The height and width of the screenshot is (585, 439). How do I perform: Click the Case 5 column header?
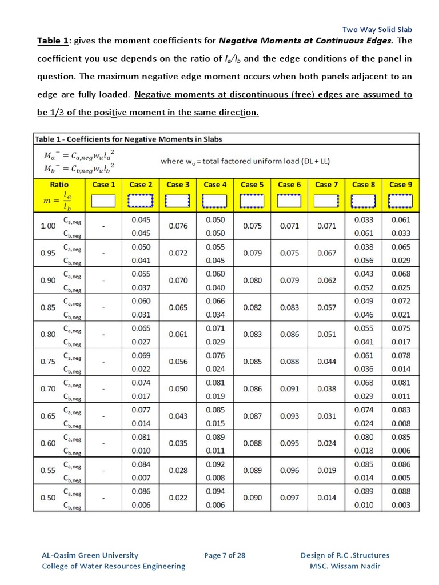(x=252, y=185)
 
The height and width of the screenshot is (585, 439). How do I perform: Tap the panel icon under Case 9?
(x=400, y=201)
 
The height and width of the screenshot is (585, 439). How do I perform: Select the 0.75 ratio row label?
(x=48, y=362)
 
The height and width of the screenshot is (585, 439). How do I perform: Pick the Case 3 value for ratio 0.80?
(x=178, y=335)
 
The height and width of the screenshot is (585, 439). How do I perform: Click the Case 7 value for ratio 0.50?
(x=326, y=498)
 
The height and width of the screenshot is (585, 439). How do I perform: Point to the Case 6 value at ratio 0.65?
(x=289, y=416)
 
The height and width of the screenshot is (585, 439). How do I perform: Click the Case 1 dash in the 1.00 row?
(x=103, y=226)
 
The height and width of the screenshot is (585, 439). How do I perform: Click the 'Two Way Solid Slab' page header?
(x=377, y=29)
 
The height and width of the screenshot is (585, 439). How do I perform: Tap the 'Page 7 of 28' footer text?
(x=225, y=555)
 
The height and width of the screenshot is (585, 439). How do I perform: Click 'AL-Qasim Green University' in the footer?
(x=90, y=555)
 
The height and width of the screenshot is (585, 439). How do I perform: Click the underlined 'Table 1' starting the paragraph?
(x=53, y=41)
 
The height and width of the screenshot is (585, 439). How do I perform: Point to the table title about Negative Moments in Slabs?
(x=129, y=139)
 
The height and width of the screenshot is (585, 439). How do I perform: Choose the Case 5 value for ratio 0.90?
(x=252, y=281)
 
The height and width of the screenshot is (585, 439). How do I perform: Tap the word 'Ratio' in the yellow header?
(x=59, y=185)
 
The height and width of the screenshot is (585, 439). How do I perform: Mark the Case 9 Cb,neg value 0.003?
(x=401, y=505)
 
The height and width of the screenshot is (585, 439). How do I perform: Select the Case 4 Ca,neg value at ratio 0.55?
(x=215, y=464)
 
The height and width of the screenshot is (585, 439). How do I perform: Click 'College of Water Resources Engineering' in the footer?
(x=114, y=566)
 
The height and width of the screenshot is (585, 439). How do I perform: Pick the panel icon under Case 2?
(x=141, y=201)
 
